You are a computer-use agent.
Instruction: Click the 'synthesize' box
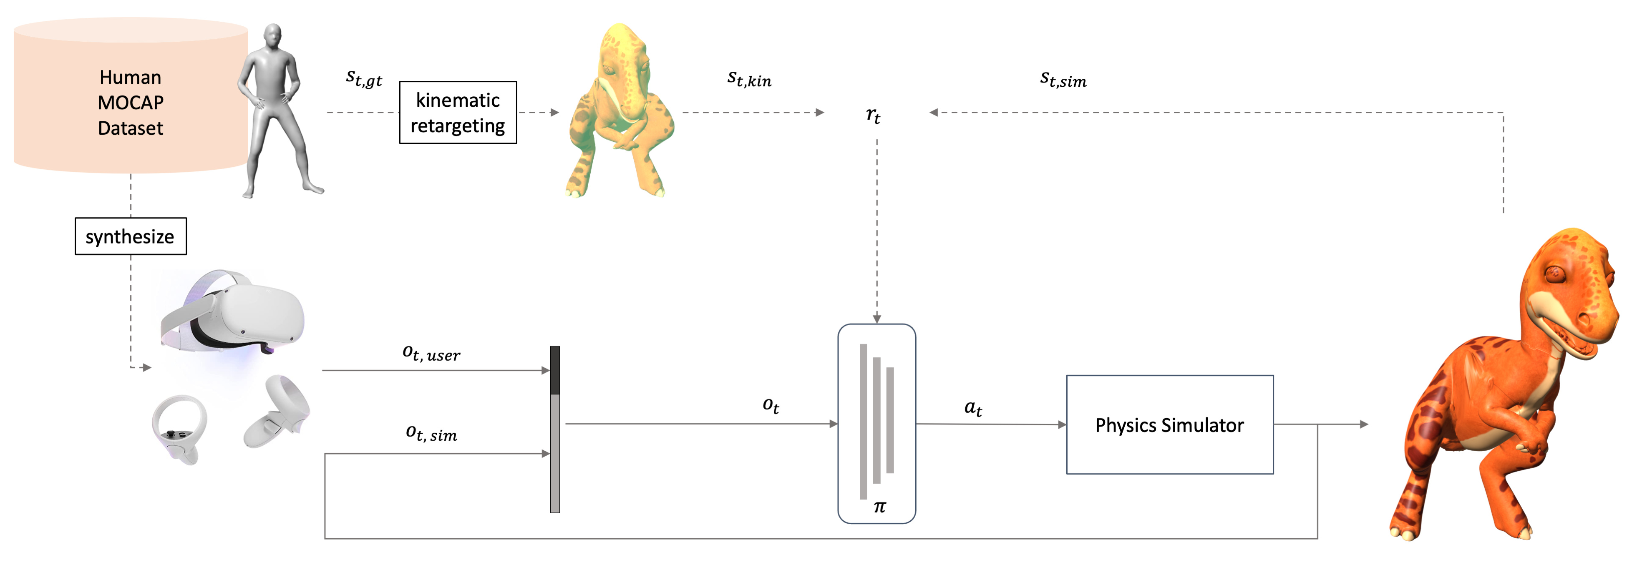click(131, 236)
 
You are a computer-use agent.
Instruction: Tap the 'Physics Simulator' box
click(1169, 424)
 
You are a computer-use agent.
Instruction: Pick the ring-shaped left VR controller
click(179, 427)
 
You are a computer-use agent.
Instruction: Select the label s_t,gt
click(364, 78)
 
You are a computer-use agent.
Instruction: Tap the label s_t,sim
click(1063, 79)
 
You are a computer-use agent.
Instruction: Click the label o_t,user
click(431, 354)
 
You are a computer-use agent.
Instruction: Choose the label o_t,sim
click(431, 433)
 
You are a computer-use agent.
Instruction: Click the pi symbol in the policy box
click(879, 507)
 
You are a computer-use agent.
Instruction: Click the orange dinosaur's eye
click(1554, 274)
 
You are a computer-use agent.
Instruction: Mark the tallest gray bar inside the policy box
click(863, 421)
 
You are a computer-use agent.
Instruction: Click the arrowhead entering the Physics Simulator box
click(1062, 424)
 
